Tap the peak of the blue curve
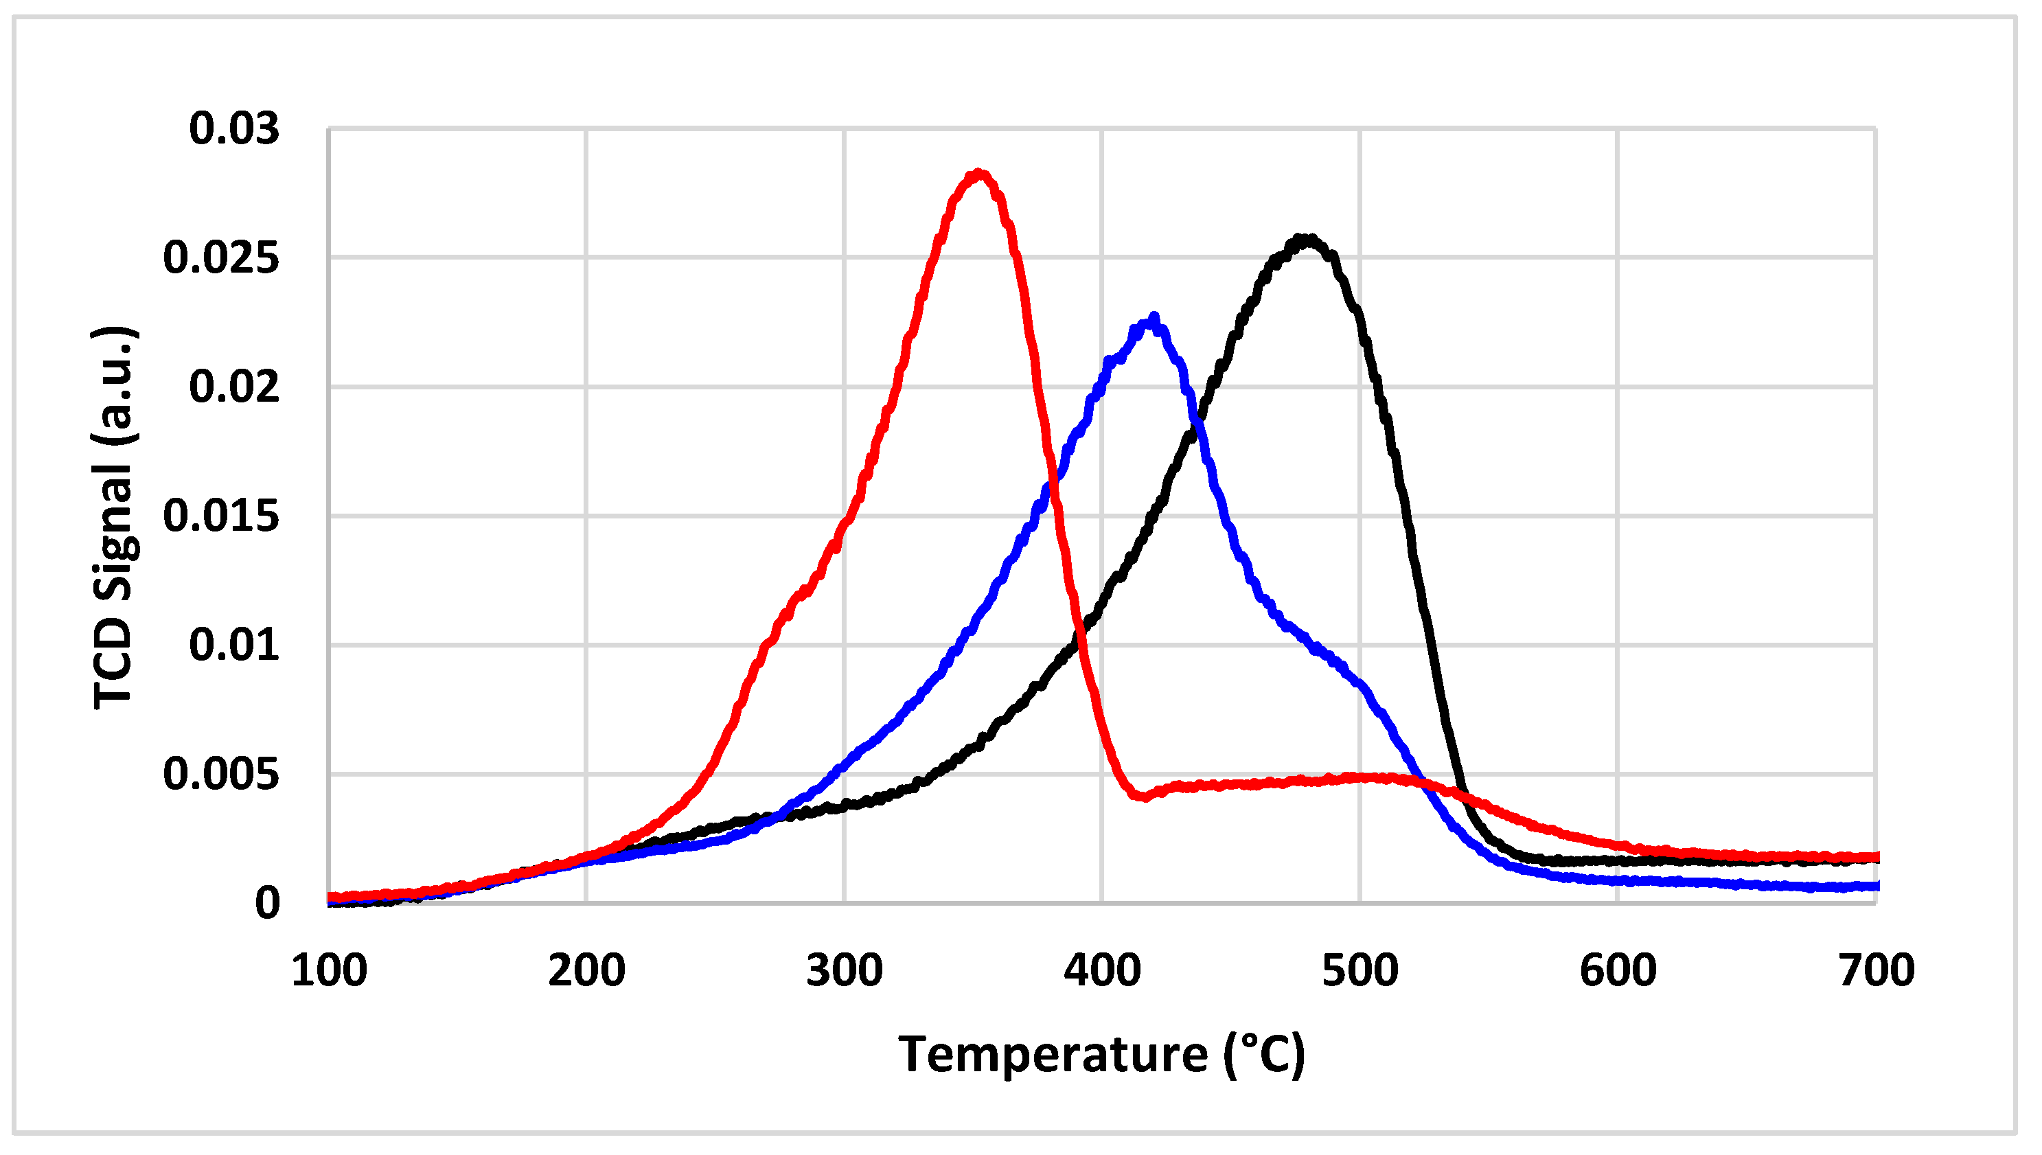1154,317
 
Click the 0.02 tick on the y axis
234,387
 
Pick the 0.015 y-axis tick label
221,516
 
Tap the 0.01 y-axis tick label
234,645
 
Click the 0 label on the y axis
267,904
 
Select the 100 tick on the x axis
329,970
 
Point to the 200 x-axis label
587,970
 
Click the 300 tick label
845,970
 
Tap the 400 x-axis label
1102,970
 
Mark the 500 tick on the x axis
1360,970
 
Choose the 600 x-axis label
1618,970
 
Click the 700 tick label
1877,970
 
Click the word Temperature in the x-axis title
1053,1055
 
